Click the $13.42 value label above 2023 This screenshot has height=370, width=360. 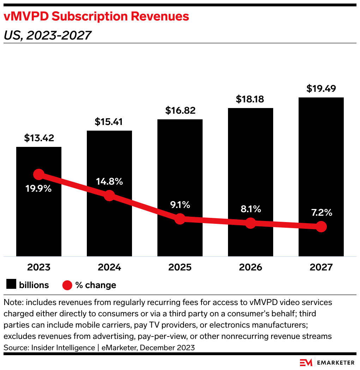pos(39,138)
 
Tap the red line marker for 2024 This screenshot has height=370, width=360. pos(109,196)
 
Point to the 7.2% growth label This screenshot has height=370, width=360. pos(321,213)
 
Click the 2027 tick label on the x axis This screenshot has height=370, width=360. pos(321,267)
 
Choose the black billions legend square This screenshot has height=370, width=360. pos(11,285)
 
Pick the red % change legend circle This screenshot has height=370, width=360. pos(67,285)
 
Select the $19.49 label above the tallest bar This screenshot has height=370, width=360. pos(321,89)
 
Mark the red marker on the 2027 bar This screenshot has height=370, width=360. pos(321,227)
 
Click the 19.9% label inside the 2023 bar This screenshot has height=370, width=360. pos(38,189)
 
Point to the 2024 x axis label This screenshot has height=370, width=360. pos(109,267)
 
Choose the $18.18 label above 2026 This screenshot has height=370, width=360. pos(250,99)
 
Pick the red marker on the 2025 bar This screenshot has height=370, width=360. pos(180,219)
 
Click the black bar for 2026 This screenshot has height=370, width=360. pos(250,159)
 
